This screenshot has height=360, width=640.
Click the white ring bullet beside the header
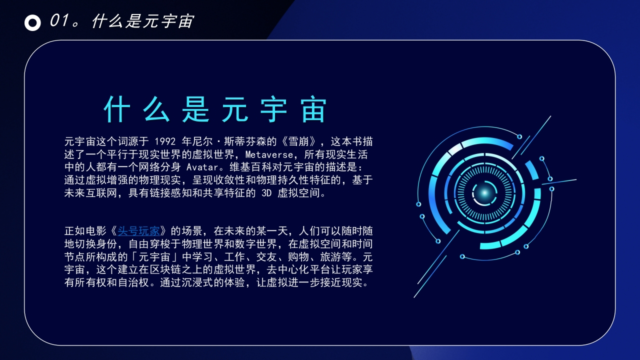point(32,22)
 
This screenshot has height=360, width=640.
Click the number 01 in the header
point(59,20)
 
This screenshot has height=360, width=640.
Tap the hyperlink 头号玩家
point(138,231)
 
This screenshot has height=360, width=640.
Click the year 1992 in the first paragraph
point(165,141)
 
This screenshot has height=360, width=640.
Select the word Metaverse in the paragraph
point(269,154)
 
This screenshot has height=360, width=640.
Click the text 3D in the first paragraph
point(266,193)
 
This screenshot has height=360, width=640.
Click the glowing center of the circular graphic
point(484,193)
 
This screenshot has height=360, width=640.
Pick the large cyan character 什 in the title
point(117,109)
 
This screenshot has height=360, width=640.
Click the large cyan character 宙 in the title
point(313,109)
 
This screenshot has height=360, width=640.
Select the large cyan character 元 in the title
point(235,109)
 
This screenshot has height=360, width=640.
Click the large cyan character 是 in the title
point(195,109)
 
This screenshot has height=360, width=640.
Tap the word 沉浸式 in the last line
point(197,282)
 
